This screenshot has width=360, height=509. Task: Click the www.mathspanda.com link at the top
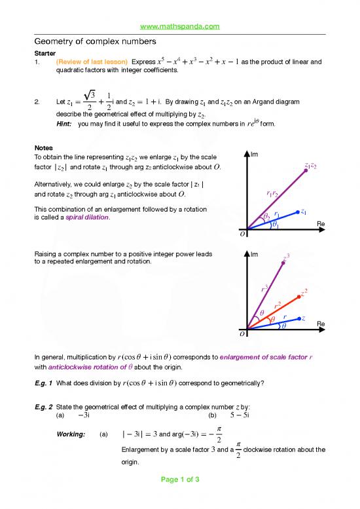pyautogui.click(x=179, y=26)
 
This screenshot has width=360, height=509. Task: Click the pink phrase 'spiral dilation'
pyautogui.click(x=88, y=218)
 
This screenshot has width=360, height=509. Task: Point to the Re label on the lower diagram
pyautogui.click(x=321, y=324)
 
